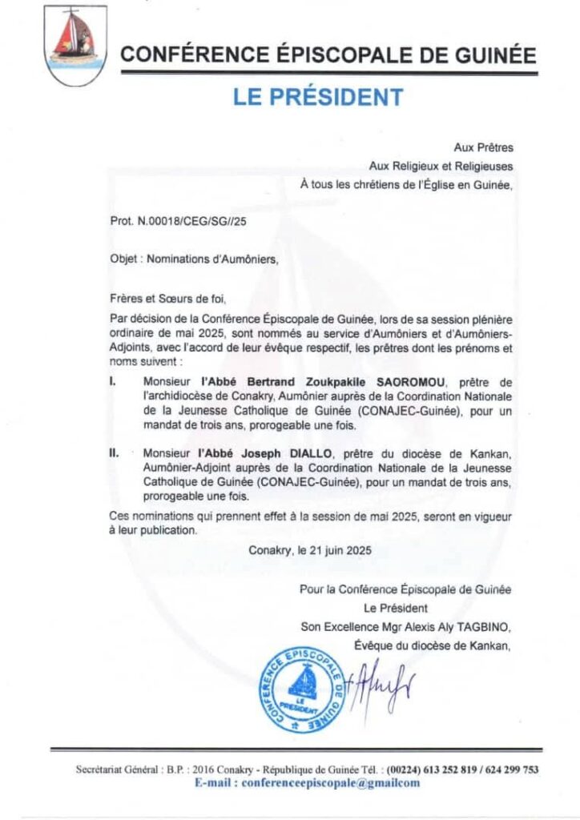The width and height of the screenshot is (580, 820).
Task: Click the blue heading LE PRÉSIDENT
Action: (x=318, y=98)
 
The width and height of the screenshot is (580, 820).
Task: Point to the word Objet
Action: (x=124, y=259)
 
